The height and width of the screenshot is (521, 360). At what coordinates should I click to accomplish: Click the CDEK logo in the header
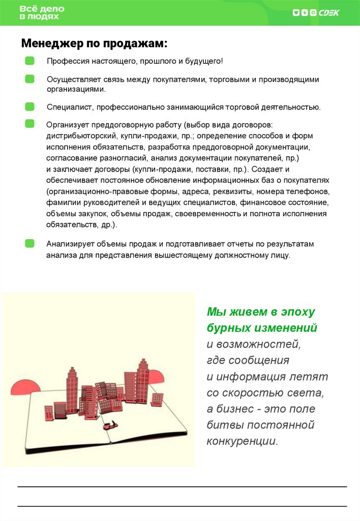click(329, 13)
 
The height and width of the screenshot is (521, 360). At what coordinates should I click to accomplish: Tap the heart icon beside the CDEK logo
click(296, 13)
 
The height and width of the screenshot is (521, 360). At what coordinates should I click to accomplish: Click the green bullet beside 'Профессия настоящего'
click(30, 61)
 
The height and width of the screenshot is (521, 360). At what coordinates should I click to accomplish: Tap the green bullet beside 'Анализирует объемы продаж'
click(30, 244)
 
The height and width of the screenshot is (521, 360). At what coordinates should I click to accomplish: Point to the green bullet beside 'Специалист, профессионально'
click(30, 107)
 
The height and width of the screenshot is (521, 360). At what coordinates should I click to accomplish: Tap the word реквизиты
click(218, 191)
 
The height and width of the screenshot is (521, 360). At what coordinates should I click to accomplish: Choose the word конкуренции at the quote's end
click(243, 441)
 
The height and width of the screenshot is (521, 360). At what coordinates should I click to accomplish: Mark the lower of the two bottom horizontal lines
click(182, 506)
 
